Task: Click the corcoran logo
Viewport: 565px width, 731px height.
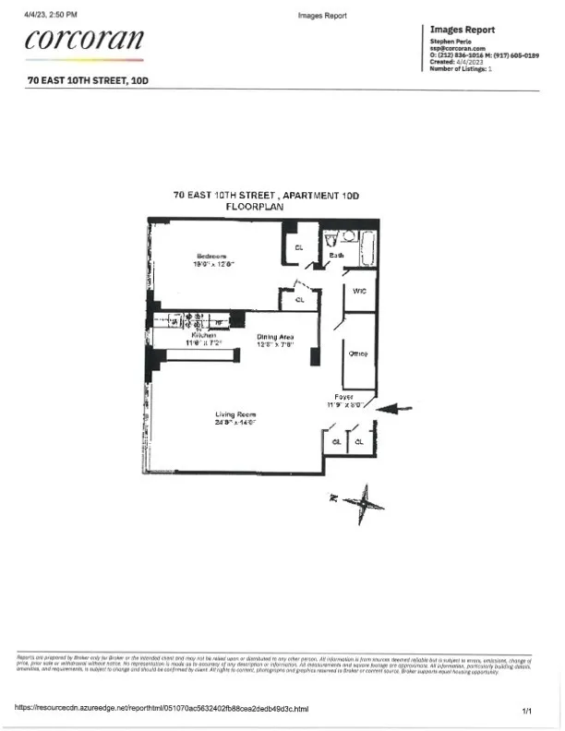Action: [86, 40]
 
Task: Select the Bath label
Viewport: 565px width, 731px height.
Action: [336, 255]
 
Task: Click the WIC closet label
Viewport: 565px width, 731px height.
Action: [360, 290]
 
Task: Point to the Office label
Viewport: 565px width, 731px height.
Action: [359, 354]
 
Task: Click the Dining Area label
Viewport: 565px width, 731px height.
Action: [274, 337]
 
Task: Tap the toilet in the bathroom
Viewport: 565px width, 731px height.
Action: [331, 239]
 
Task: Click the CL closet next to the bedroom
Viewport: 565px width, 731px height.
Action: [298, 247]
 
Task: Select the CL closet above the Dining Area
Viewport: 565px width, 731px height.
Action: [300, 300]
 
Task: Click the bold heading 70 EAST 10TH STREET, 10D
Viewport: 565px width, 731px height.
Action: [88, 80]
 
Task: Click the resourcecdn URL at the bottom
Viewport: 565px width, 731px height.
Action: [162, 709]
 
